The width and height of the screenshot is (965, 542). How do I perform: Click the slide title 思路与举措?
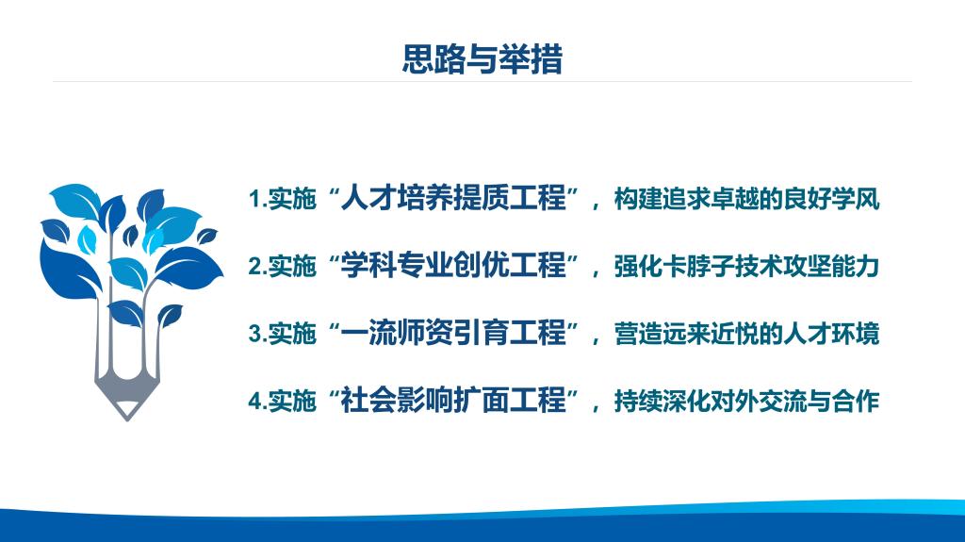[482, 59]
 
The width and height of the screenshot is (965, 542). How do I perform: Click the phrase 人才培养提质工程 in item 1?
[453, 198]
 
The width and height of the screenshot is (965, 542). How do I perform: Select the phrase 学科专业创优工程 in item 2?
[453, 266]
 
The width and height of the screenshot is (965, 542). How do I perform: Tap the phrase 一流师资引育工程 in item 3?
[453, 333]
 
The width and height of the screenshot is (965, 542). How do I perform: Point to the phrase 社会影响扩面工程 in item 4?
[453, 401]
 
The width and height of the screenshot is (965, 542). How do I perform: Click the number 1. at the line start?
[258, 199]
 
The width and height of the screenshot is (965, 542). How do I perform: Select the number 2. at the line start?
[258, 266]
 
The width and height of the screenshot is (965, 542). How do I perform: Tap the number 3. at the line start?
[258, 333]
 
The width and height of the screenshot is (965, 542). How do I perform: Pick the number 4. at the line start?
[258, 401]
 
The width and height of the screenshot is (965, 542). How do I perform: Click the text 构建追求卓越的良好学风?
[746, 199]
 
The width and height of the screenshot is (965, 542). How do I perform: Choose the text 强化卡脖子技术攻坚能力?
[746, 266]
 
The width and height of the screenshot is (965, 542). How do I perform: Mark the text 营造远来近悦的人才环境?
[746, 333]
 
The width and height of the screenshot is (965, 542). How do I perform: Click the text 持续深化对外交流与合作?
[746, 401]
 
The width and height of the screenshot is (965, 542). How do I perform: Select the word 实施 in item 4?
[292, 401]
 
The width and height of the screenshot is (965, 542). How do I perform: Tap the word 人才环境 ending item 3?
[831, 333]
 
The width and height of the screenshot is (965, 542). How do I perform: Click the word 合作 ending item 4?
[856, 401]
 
